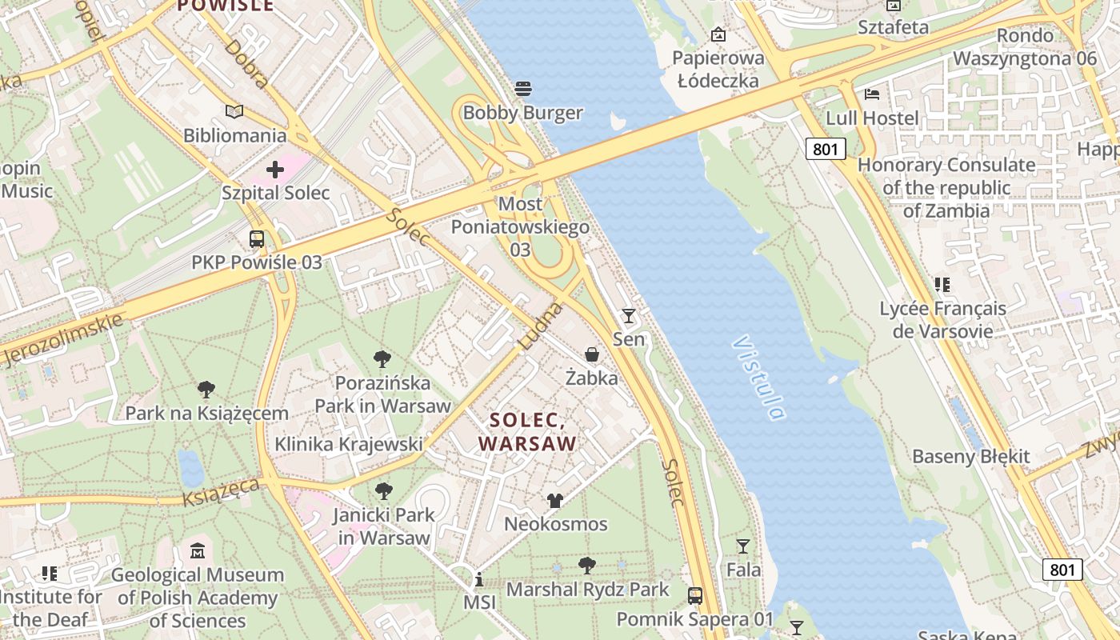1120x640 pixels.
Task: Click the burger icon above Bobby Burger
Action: click(x=523, y=88)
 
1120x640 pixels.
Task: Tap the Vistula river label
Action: click(x=758, y=378)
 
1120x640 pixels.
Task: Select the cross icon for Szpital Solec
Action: click(x=275, y=170)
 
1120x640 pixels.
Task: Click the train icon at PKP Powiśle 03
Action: click(x=256, y=238)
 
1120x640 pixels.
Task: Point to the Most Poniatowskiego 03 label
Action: click(x=520, y=226)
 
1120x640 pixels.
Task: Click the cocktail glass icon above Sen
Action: click(x=629, y=316)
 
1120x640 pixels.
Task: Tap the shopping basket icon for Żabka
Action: click(x=592, y=354)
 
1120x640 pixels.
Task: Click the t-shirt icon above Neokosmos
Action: click(x=555, y=501)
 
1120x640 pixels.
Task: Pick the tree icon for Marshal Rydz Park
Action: click(x=587, y=566)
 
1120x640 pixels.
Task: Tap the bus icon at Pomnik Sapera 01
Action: click(x=695, y=595)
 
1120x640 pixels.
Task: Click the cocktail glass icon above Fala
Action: click(x=743, y=546)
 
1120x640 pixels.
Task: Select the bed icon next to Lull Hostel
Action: click(x=872, y=94)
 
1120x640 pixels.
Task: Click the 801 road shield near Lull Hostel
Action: click(x=825, y=149)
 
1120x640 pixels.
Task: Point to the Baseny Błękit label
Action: click(x=970, y=457)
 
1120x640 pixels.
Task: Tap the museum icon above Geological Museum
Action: click(x=198, y=550)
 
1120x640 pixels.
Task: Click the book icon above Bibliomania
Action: click(x=234, y=111)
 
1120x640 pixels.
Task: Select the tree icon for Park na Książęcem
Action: click(x=206, y=390)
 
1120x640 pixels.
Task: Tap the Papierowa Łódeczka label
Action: click(x=718, y=69)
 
